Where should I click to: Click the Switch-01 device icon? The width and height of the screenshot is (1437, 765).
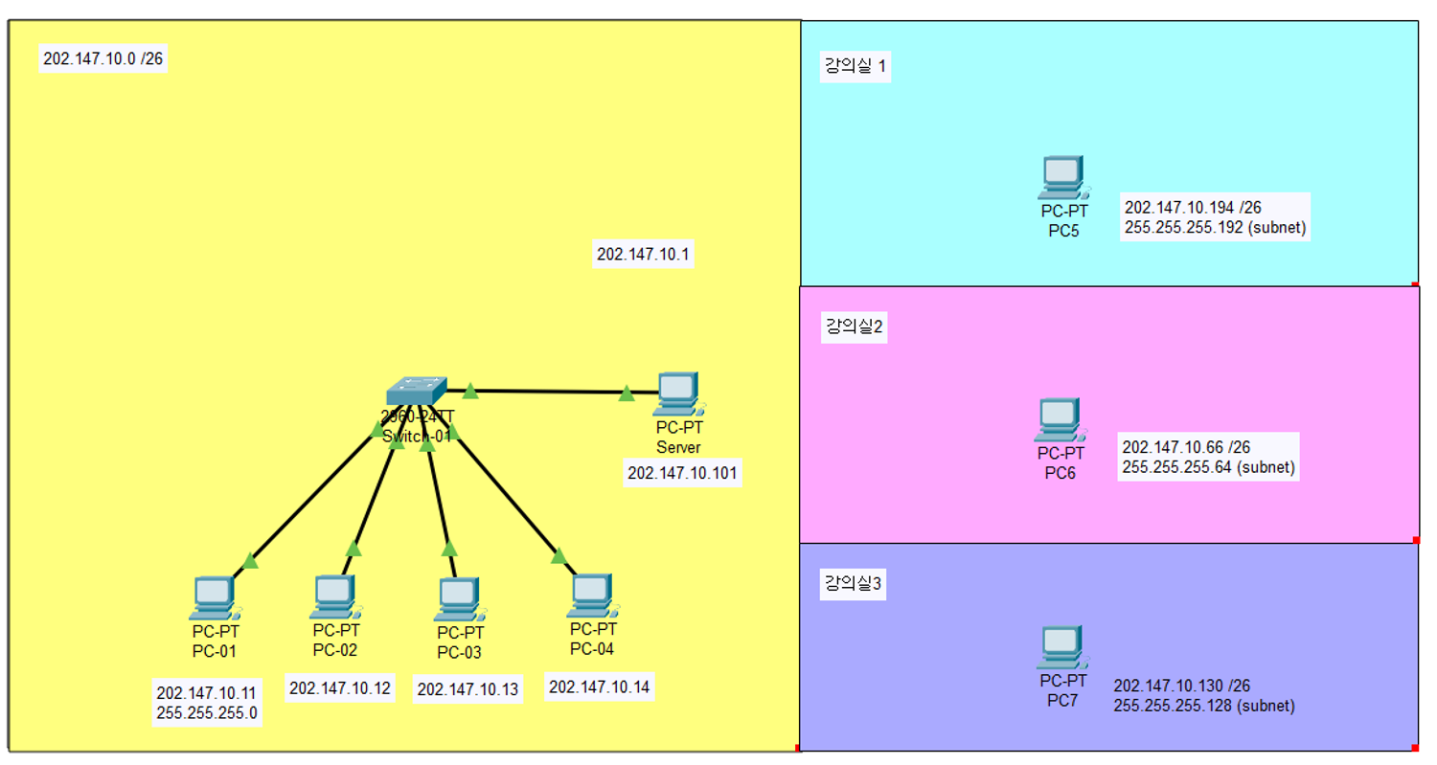coord(417,393)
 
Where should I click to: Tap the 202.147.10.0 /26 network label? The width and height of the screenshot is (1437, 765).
coord(104,58)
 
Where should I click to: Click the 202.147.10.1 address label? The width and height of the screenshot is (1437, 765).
coord(644,255)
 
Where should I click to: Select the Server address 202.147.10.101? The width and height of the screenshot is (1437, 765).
coord(683,473)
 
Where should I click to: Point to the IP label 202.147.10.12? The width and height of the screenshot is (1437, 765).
coord(340,687)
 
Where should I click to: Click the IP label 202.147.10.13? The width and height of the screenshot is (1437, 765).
coord(468,689)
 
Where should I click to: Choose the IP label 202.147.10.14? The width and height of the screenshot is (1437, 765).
coord(600,686)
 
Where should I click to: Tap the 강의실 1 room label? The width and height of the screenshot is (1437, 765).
coord(855,67)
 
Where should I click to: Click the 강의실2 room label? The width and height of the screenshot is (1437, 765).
coord(855,327)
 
